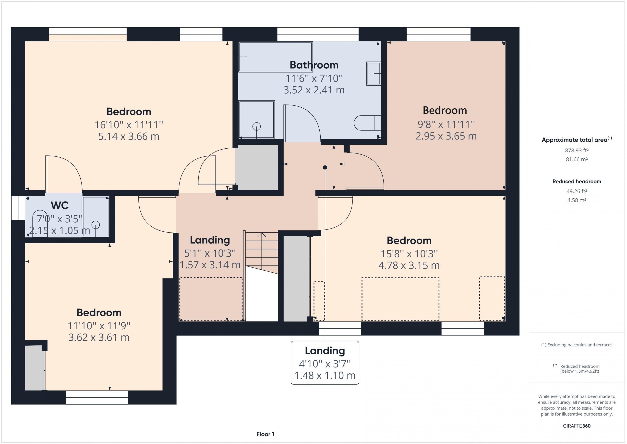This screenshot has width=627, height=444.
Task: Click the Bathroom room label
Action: pyautogui.click(x=314, y=65)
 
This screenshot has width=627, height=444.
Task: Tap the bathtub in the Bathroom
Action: pyautogui.click(x=276, y=57)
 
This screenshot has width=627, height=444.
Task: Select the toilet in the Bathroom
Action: pyautogui.click(x=367, y=123)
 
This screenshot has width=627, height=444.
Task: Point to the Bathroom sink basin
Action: pyautogui.click(x=374, y=74)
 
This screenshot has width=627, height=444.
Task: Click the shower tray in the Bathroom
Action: pyautogui.click(x=256, y=119)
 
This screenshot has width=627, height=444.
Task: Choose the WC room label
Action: pyautogui.click(x=60, y=205)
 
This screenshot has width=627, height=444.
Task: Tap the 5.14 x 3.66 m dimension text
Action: pyautogui.click(x=129, y=136)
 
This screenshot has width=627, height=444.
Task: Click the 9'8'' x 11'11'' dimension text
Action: pyautogui.click(x=446, y=124)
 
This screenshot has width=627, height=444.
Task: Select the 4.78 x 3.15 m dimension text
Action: pyautogui.click(x=409, y=265)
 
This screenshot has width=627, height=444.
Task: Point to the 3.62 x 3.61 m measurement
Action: pyautogui.click(x=99, y=337)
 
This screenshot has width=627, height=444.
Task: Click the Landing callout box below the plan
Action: pyautogui.click(x=325, y=363)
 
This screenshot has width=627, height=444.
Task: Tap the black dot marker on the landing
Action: pyautogui.click(x=325, y=167)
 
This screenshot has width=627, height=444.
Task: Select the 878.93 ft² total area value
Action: pyautogui.click(x=577, y=150)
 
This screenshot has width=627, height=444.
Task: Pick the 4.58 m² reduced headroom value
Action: pyautogui.click(x=577, y=200)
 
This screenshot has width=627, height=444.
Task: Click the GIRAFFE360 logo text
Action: pyautogui.click(x=577, y=426)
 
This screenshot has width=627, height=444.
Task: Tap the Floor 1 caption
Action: pyautogui.click(x=265, y=434)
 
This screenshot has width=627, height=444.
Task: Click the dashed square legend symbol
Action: pyautogui.click(x=555, y=366)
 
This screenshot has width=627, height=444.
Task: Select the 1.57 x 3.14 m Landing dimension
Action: pyautogui.click(x=210, y=265)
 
